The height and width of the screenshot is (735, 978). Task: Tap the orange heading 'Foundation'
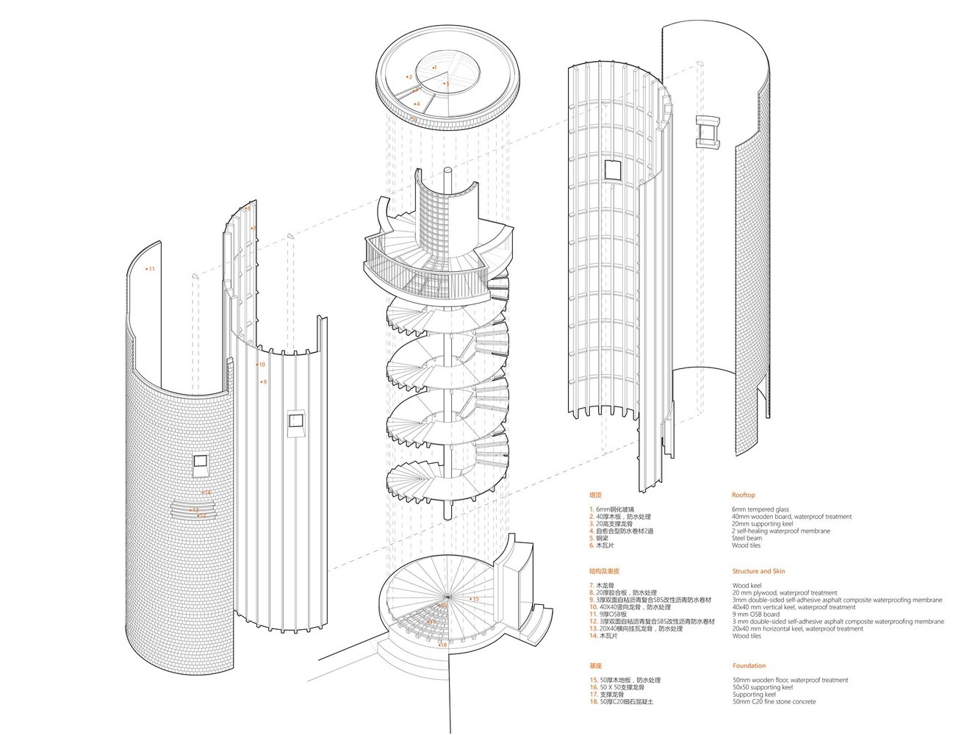click(x=749, y=666)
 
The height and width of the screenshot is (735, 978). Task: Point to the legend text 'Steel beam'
click(x=747, y=538)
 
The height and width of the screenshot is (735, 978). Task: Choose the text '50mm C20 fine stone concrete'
click(x=774, y=702)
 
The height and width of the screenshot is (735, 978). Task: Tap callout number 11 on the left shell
click(x=151, y=269)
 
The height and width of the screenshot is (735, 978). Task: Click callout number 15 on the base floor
click(x=475, y=600)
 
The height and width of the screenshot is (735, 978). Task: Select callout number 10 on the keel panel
click(x=261, y=364)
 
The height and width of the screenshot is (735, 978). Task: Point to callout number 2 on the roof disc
click(x=409, y=77)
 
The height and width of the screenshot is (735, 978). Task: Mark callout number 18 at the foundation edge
click(x=442, y=645)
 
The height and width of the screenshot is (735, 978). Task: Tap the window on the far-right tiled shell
click(x=710, y=132)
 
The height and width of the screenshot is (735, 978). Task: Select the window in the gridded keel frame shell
click(x=611, y=170)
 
